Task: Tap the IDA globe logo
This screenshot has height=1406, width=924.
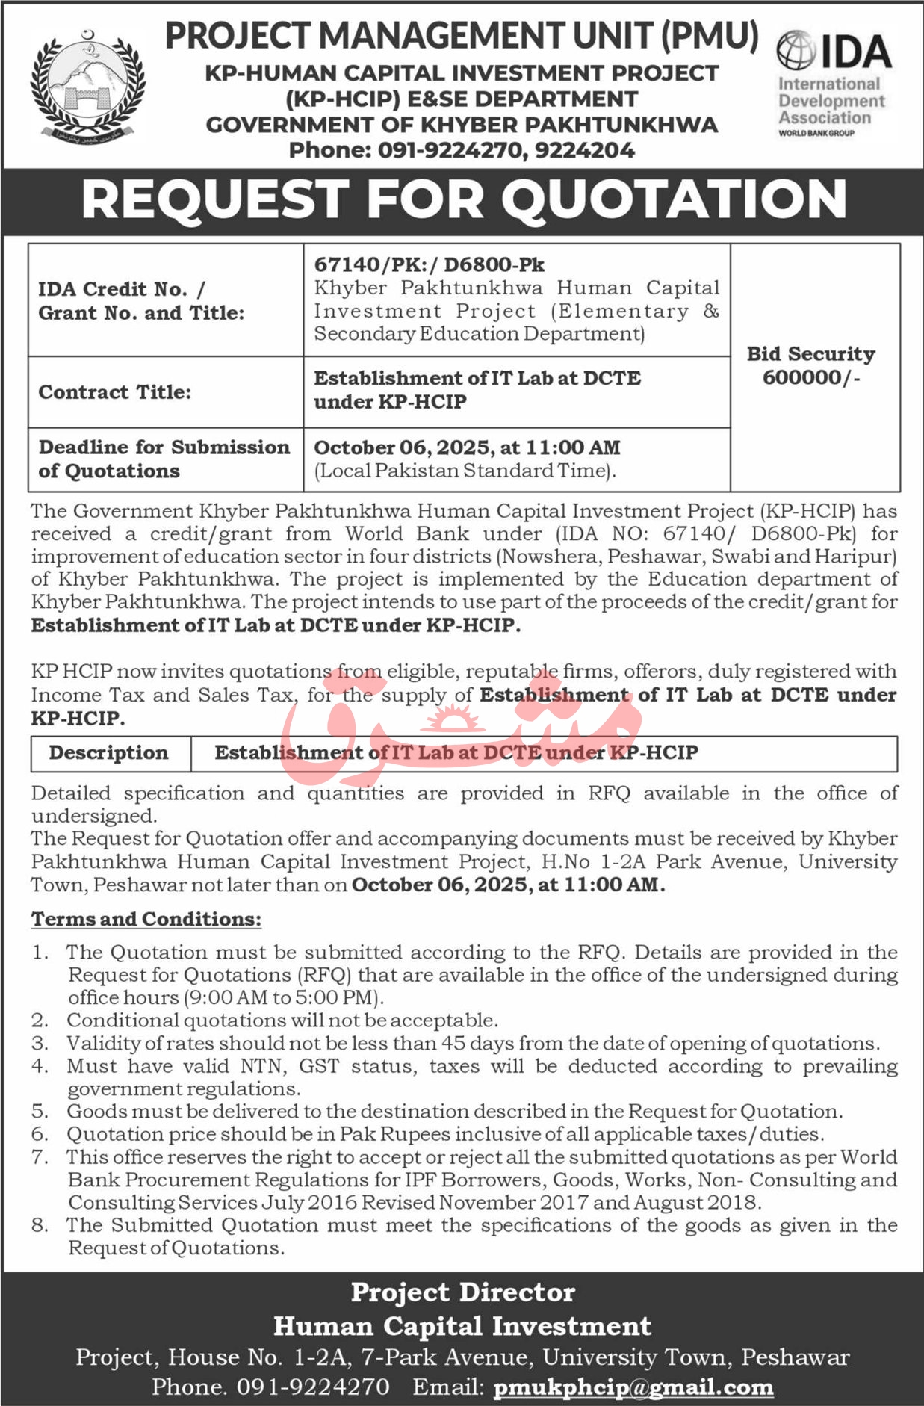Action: [796, 50]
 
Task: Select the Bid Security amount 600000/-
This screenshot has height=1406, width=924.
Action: [811, 378]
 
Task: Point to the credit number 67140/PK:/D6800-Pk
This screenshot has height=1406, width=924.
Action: [429, 264]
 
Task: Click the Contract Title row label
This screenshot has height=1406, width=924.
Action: [115, 392]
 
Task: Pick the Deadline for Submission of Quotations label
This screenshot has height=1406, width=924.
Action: [164, 459]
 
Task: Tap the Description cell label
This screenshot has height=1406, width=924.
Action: [109, 753]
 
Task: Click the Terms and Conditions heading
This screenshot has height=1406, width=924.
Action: [146, 919]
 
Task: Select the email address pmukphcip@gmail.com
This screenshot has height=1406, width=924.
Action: [633, 1387]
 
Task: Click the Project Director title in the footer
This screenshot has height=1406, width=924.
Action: [463, 1292]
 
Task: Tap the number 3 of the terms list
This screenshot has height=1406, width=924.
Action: [40, 1044]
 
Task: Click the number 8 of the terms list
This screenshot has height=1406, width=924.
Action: [40, 1225]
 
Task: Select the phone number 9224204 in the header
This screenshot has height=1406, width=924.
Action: [585, 150]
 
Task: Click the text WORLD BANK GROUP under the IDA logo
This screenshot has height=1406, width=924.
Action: [816, 134]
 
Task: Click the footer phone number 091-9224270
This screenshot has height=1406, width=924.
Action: [313, 1387]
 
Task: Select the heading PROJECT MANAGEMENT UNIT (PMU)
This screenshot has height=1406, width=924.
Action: [462, 36]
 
